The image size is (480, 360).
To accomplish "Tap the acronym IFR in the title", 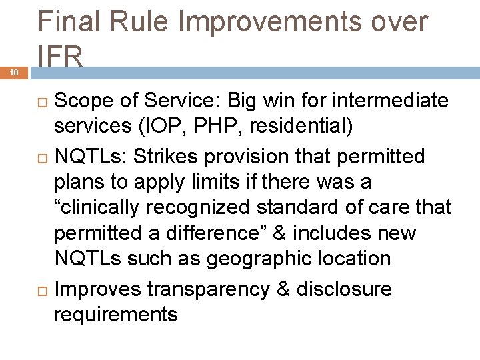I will pos(61,56).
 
